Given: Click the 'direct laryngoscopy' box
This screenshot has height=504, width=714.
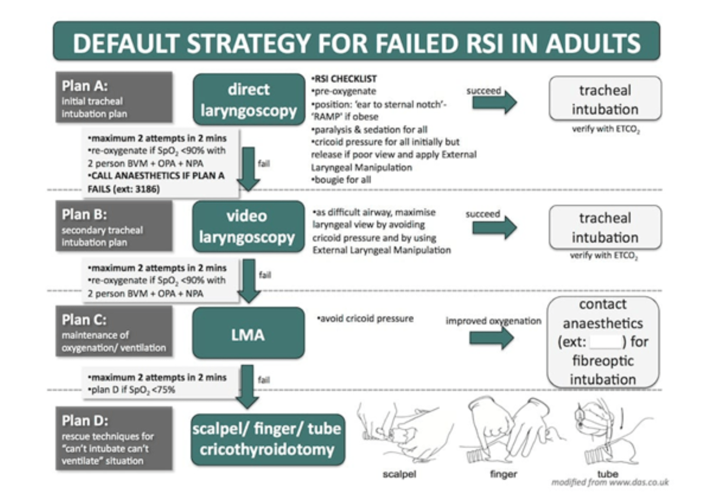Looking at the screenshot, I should (249, 99).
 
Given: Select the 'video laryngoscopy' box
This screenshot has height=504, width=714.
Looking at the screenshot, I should (248, 227).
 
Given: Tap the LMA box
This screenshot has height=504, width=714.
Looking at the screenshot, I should (248, 333).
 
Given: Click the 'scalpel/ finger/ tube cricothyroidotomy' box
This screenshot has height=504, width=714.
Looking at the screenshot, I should (267, 439).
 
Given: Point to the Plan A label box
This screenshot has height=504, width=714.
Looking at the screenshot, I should (114, 98).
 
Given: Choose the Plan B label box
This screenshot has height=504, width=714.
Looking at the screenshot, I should (114, 226).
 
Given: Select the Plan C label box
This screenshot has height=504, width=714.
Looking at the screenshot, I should (114, 332).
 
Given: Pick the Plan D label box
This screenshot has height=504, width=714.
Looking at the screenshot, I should (114, 438).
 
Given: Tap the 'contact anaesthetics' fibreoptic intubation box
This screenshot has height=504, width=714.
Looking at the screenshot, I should (603, 342).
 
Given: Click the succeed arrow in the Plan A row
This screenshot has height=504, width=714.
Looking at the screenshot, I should (494, 102).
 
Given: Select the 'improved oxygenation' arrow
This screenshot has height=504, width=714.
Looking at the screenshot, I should (491, 338).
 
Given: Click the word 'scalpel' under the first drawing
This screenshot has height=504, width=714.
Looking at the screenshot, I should (399, 474).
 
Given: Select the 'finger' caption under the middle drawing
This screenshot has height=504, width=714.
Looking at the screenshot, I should (503, 474).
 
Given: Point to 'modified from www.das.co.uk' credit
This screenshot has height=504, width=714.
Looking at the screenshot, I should (610, 483).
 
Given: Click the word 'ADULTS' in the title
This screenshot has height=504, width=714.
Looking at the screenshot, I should (593, 43).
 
